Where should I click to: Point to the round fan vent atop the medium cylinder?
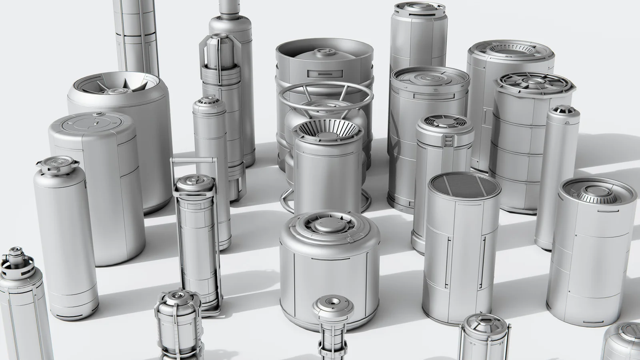click(444, 122)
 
